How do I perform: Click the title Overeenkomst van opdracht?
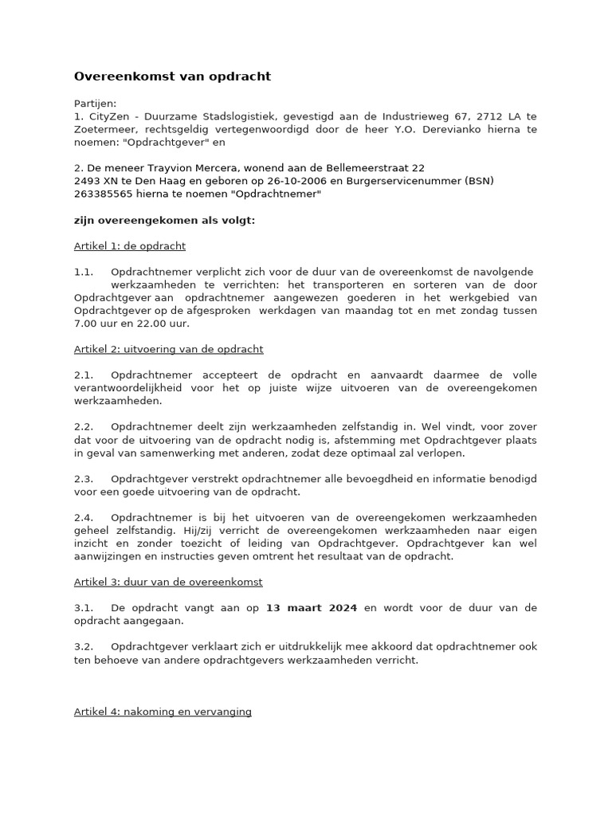(x=172, y=76)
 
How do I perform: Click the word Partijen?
(x=95, y=103)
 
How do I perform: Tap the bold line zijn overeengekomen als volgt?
(x=164, y=220)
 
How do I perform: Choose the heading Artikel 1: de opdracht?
(x=130, y=246)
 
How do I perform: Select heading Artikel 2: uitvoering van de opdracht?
(x=168, y=349)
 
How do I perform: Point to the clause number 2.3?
(x=84, y=478)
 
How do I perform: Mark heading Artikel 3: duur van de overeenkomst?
(x=168, y=582)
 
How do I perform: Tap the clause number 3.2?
(x=84, y=646)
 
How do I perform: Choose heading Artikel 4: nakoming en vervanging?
(x=163, y=711)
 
